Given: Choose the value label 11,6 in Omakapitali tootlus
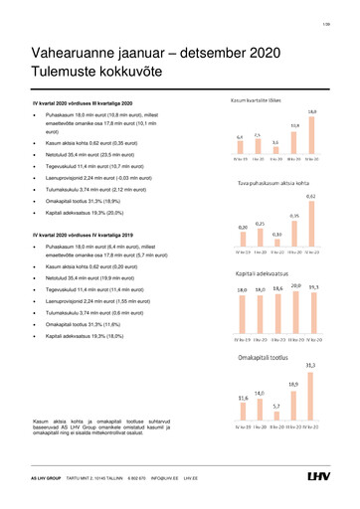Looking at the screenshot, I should tap(242, 398).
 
